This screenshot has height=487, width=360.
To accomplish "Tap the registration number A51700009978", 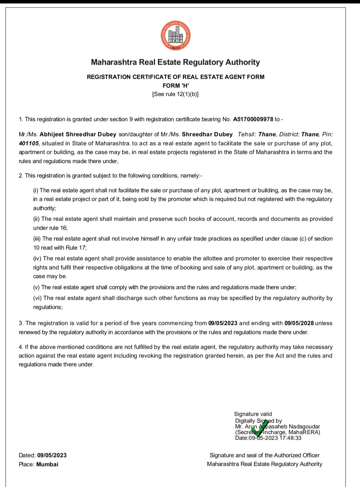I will click(253, 119).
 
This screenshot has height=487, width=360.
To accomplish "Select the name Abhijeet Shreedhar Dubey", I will click(78, 134).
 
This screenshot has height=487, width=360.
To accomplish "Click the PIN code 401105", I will click(29, 144).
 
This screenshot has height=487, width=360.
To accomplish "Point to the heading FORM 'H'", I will click(175, 86).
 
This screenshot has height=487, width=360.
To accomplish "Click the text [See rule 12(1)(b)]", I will click(175, 94).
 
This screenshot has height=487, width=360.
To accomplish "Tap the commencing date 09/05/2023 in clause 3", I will click(223, 323).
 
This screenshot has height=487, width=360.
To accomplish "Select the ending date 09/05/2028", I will click(299, 323).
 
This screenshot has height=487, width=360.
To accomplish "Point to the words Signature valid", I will click(253, 414).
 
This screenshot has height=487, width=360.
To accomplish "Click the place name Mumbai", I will click(47, 465).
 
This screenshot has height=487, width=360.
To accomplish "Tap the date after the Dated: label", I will click(52, 455).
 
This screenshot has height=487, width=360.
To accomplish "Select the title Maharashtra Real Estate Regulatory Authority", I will click(175, 62).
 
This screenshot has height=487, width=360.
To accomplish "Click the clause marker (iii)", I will click(37, 239).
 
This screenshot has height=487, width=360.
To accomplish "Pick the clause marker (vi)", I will click(37, 298).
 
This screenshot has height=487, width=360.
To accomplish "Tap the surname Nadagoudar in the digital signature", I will click(304, 427).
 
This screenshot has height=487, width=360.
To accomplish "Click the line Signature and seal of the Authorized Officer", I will click(264, 455).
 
